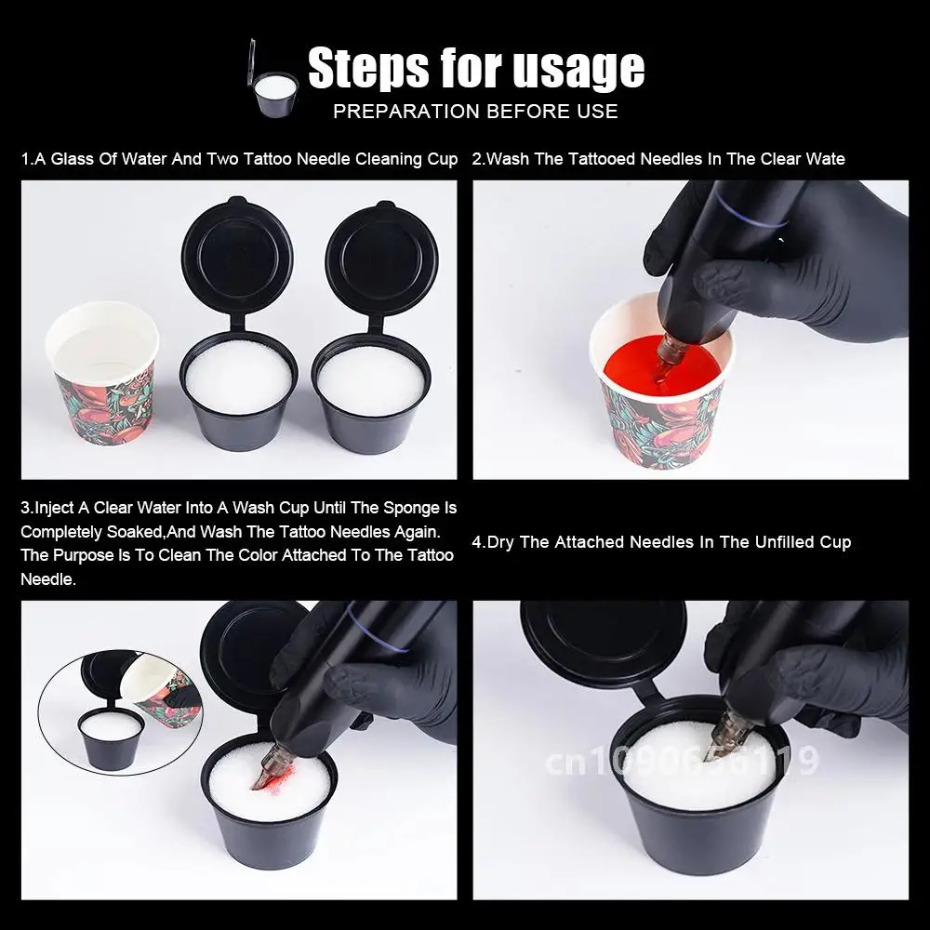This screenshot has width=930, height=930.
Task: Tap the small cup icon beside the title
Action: (272, 79)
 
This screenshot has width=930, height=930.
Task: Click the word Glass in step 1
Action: (73, 159)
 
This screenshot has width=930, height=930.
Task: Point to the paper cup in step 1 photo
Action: (102, 373)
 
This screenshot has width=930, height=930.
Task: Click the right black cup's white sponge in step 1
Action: (370, 379)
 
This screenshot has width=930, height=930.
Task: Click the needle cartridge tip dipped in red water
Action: (667, 357)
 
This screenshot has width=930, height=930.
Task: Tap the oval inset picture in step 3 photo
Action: (121, 711)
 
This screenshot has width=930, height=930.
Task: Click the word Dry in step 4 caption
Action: (500, 542)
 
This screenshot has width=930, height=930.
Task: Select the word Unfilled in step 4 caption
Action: (784, 542)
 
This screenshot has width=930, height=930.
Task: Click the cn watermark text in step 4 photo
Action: (682, 761)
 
